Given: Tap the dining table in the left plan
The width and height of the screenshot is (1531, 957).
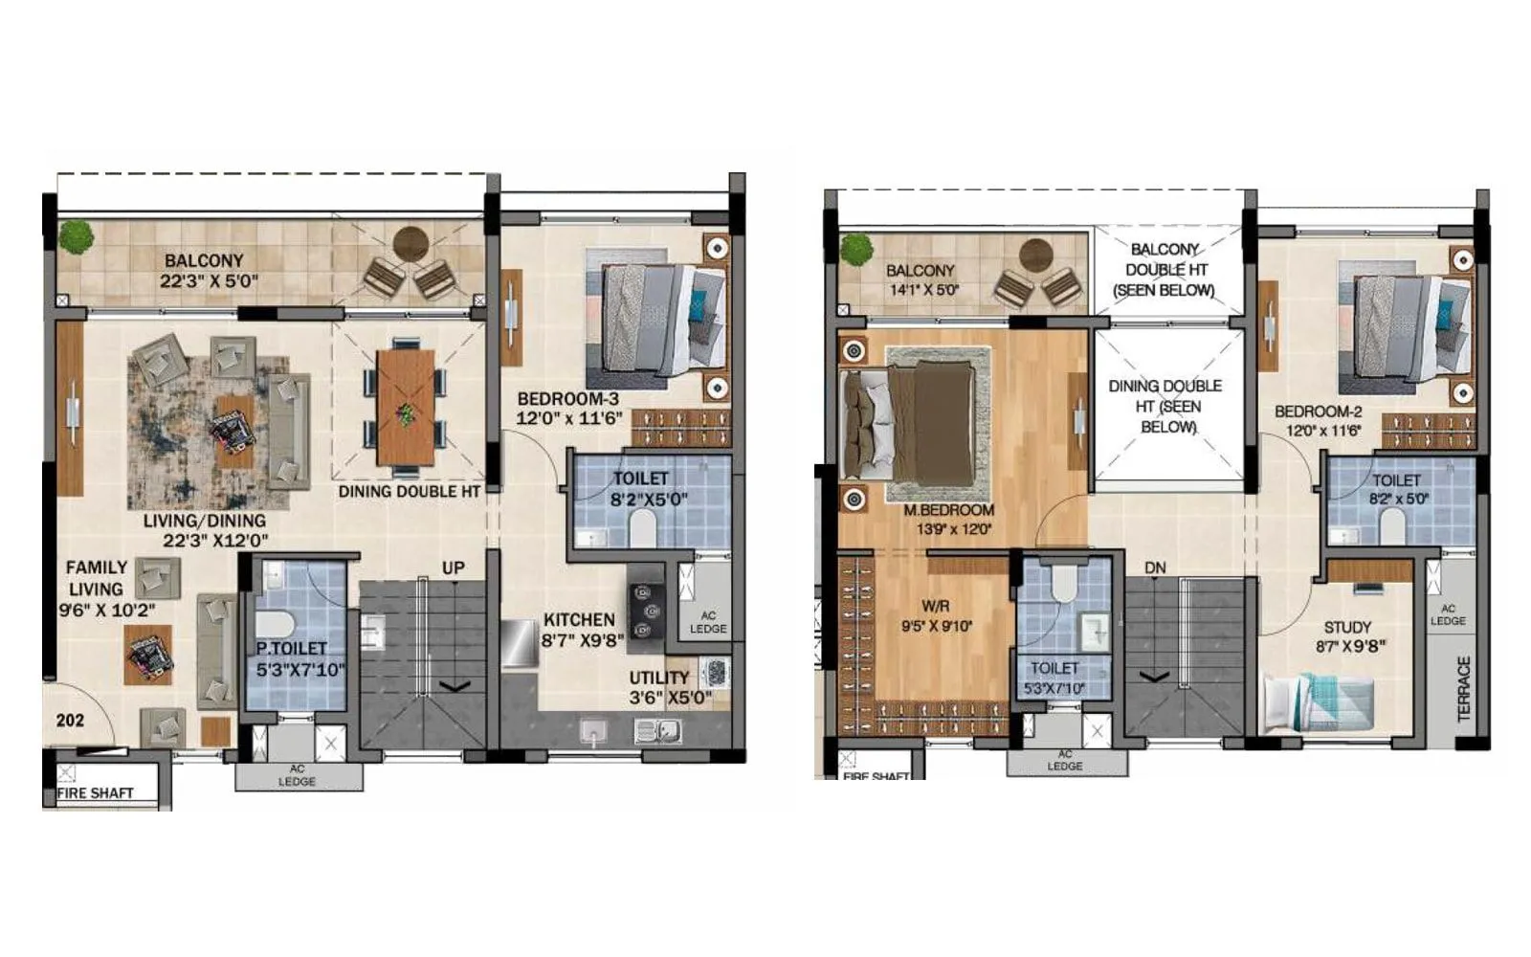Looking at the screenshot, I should pos(406,407).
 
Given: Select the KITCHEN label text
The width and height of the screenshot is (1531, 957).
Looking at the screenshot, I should pos(579,620).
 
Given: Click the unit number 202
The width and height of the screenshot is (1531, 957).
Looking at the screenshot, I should pos(70,721).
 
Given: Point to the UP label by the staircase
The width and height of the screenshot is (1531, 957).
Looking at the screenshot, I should pos(453,568).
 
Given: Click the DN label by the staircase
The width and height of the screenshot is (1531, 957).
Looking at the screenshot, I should pos(1155,568).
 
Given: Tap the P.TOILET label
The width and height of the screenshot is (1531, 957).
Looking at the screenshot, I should pos(291,649).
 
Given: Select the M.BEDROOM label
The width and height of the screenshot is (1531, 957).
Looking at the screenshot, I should pos(948,510).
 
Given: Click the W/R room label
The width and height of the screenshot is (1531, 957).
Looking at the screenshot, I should pos(935,606).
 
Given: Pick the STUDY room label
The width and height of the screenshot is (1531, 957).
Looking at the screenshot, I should pos(1347,628).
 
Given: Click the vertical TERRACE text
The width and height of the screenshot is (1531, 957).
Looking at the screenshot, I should pos(1464,688).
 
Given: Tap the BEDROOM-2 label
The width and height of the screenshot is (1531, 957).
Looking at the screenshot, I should pos(1318,412).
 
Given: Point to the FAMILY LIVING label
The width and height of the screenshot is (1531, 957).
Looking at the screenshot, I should pos(96,578).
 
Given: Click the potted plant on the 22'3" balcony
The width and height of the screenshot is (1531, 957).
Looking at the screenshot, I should pos(76,237).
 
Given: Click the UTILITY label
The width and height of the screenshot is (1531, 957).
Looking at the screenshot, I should pos(658,678).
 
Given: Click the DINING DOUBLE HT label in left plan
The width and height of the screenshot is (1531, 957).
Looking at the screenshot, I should pos(408,492).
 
